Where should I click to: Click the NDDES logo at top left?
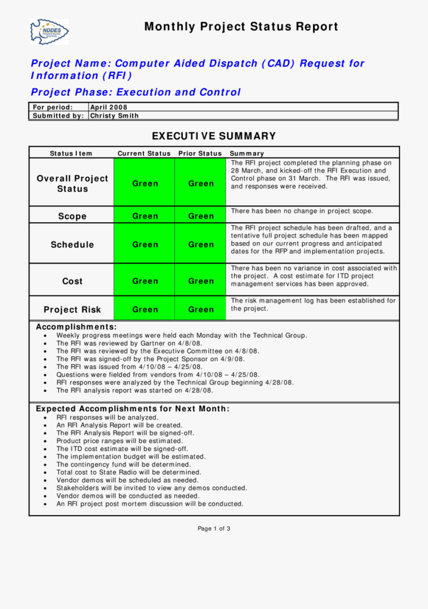tap(50, 32)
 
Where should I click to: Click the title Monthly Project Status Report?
tap(241, 27)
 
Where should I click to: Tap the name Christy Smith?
tap(114, 116)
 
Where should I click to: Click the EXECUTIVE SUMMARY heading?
tap(213, 136)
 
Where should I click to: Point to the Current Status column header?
tap(144, 153)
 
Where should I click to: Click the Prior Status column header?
tap(200, 153)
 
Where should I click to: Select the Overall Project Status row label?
tap(72, 184)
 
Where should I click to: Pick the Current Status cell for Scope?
tap(145, 216)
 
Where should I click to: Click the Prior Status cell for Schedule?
tap(201, 244)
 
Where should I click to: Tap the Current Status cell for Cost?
tap(145, 281)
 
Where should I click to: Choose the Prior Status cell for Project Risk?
tap(201, 310)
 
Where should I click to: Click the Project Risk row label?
tap(72, 310)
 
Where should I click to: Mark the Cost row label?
tap(72, 281)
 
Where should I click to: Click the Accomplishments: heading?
tap(76, 327)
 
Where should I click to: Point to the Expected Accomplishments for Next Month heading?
tap(133, 409)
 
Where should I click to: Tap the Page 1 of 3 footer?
tap(214, 529)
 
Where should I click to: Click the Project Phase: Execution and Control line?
tap(136, 92)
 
